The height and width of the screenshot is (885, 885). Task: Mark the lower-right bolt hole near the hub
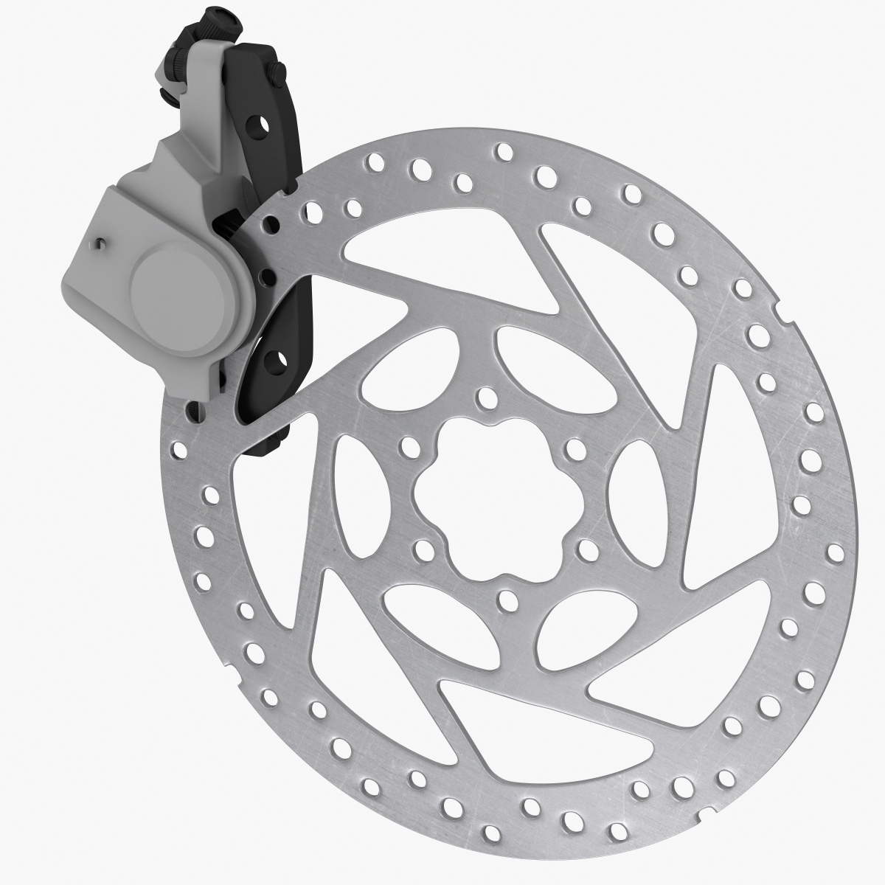(x=588, y=548)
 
